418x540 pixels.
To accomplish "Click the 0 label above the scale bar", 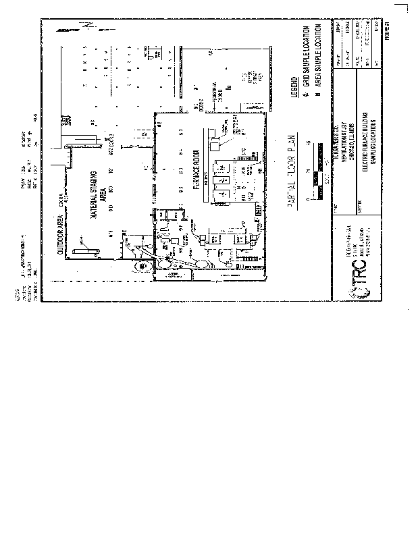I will tap(309, 200).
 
